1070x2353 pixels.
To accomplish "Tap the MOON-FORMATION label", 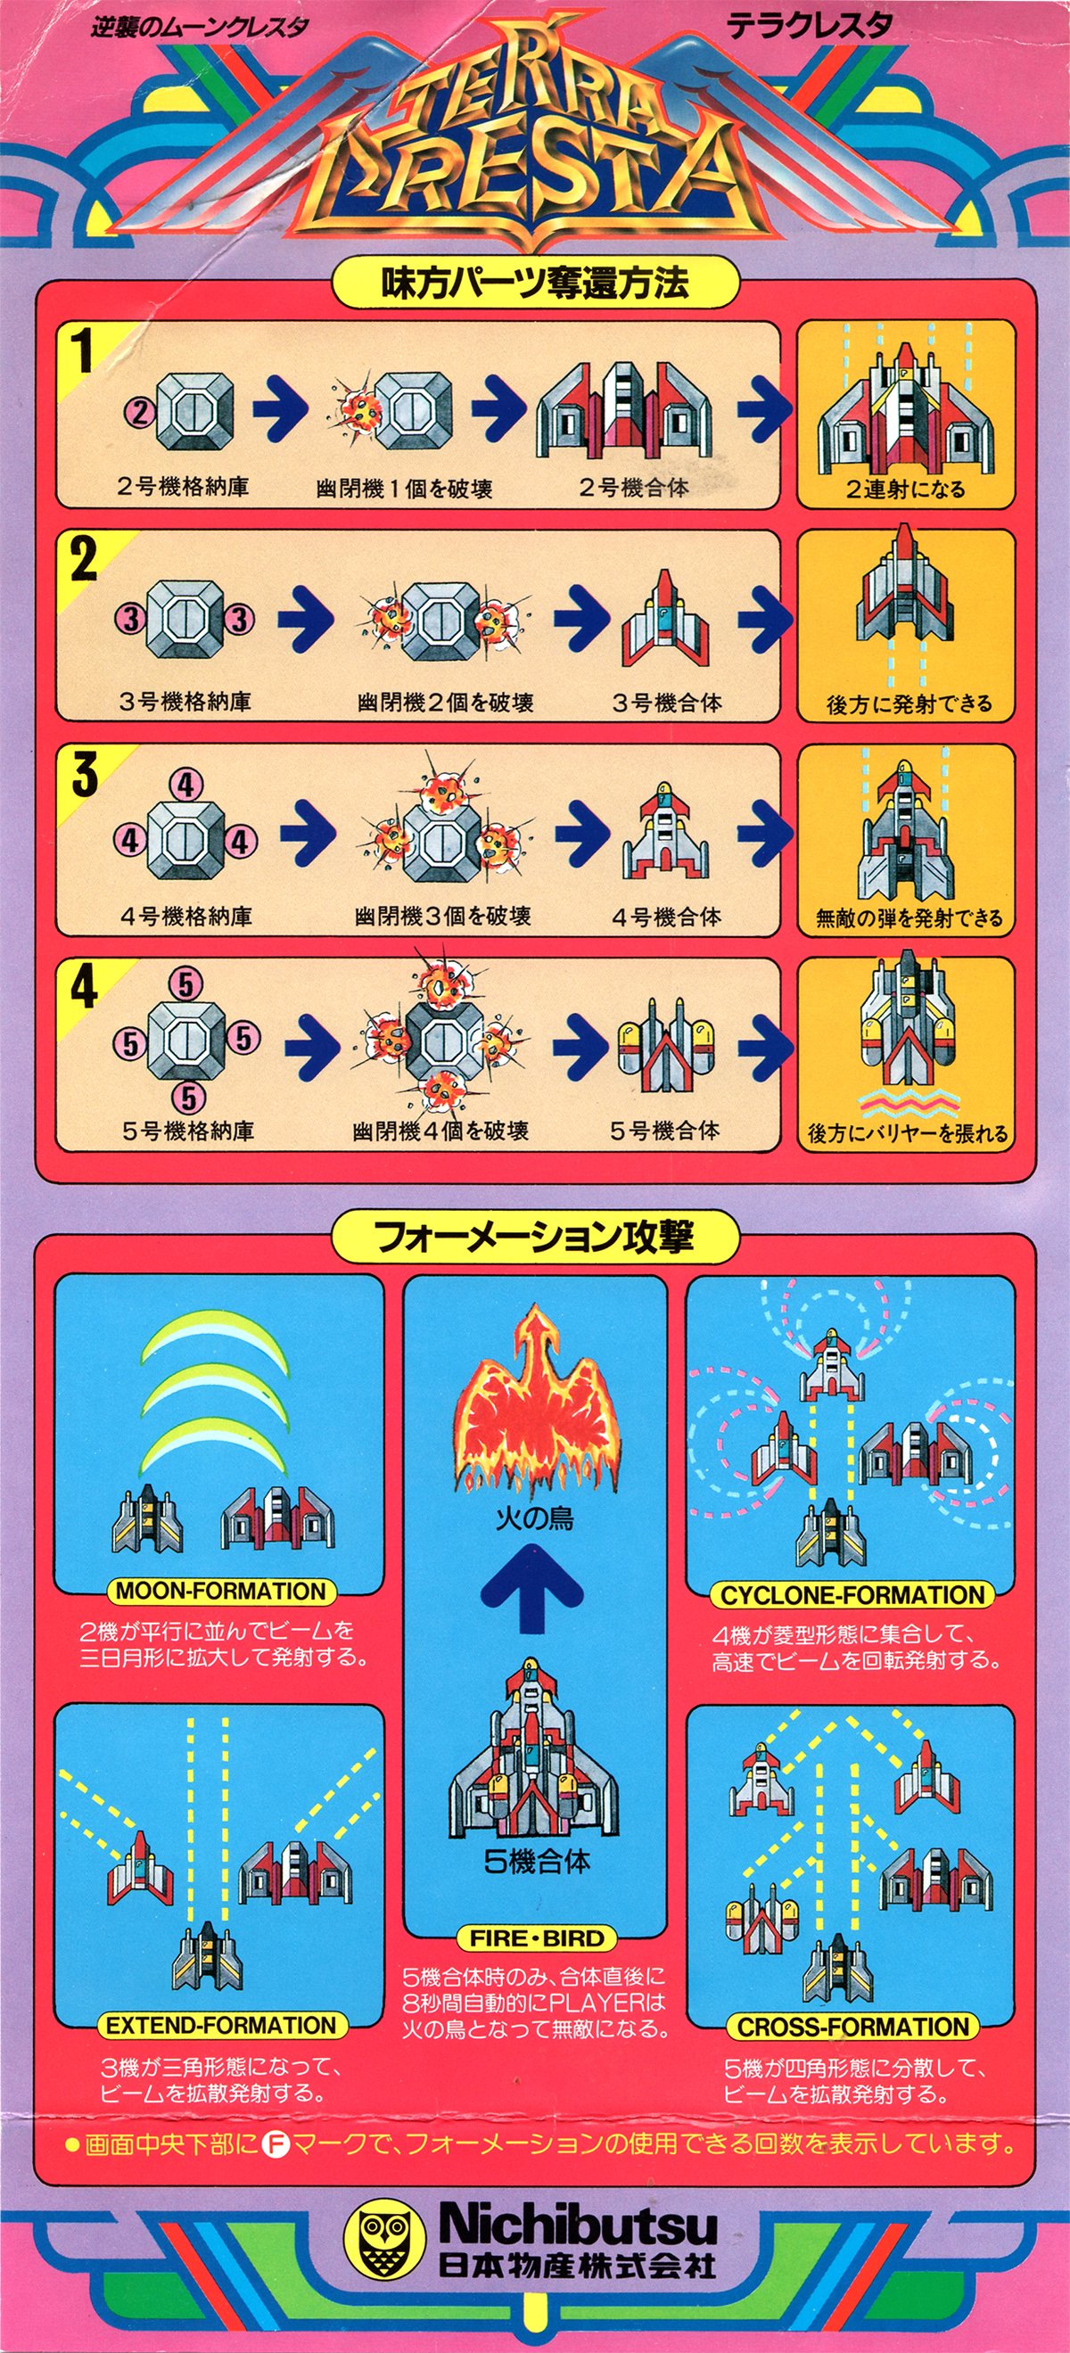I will (x=220, y=1592).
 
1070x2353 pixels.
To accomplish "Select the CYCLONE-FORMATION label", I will (x=852, y=1595).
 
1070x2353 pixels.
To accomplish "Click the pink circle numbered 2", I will (x=139, y=414).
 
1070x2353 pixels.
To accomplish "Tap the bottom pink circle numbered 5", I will (x=187, y=1098).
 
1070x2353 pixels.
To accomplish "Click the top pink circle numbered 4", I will (x=186, y=785).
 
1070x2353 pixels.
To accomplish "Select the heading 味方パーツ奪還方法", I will (x=534, y=284).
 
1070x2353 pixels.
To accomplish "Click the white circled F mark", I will (x=275, y=2143).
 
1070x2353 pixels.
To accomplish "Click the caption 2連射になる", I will (x=905, y=490).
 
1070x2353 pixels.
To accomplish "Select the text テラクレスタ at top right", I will (x=809, y=27).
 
